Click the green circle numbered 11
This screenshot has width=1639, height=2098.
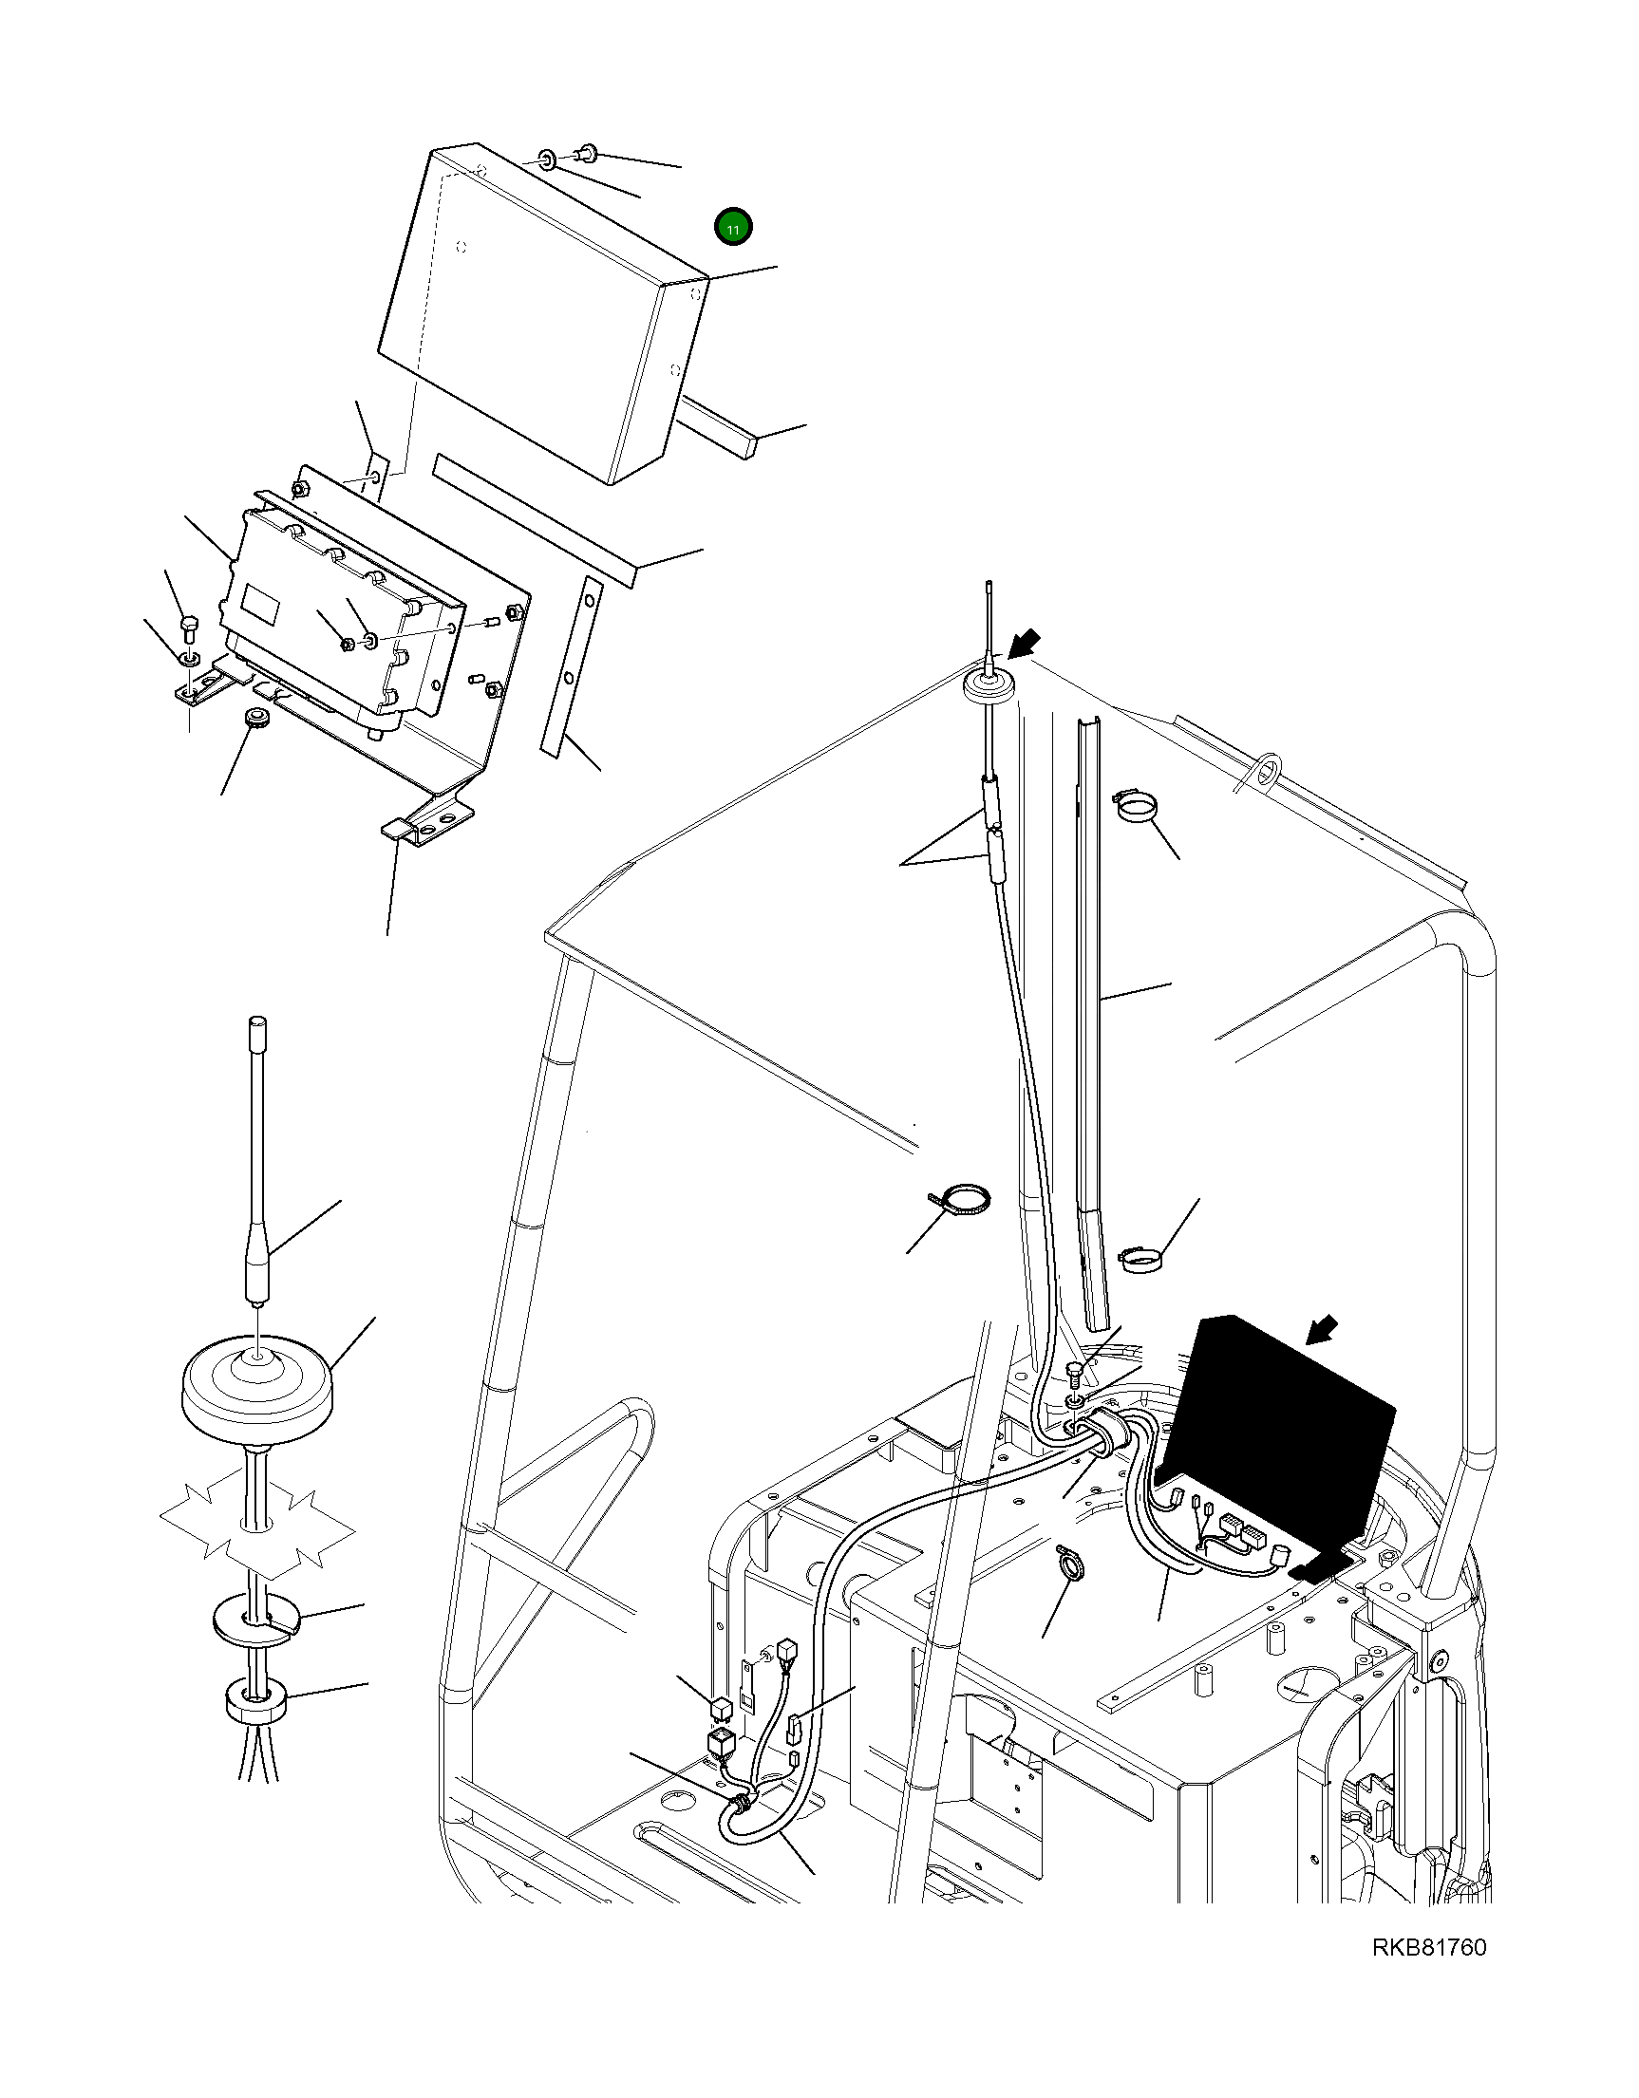pyautogui.click(x=733, y=229)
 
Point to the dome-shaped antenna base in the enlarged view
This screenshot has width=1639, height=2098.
pyautogui.click(x=259, y=1384)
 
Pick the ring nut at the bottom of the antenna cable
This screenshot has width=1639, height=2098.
pyautogui.click(x=254, y=1702)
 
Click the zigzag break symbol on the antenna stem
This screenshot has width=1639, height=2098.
pyautogui.click(x=256, y=1528)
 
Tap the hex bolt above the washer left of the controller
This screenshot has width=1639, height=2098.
pyautogui.click(x=189, y=631)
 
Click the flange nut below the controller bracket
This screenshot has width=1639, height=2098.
pyautogui.click(x=255, y=718)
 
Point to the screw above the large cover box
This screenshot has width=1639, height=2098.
pyautogui.click(x=587, y=152)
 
